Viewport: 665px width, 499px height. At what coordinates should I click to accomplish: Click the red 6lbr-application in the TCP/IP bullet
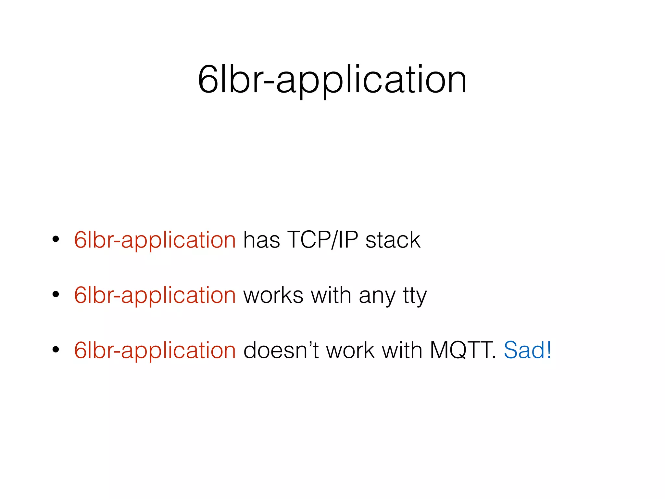[155, 240]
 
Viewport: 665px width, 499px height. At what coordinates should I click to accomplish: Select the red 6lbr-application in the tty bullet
[155, 295]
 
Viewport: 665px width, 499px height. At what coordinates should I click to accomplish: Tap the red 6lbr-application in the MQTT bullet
[155, 351]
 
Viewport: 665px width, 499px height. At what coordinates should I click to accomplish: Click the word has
[261, 240]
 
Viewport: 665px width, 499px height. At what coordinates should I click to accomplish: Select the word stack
[393, 240]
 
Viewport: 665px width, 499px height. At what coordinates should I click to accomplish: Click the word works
[273, 295]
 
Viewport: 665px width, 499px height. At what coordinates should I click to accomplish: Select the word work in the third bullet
[350, 351]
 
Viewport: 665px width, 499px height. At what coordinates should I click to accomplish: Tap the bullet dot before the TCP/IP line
[56, 239]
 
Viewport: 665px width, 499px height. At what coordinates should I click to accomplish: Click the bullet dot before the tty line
[56, 295]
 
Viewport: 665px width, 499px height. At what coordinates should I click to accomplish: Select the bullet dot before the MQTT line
[56, 350]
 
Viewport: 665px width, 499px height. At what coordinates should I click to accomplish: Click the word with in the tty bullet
[331, 295]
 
